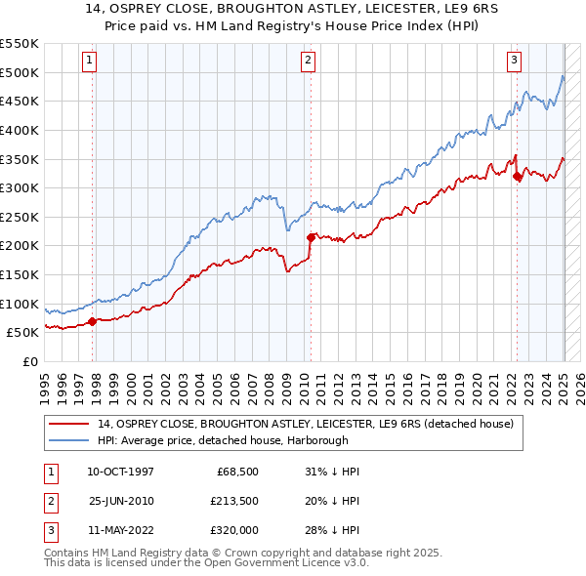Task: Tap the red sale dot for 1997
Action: tap(93, 320)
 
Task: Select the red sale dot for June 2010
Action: tap(312, 237)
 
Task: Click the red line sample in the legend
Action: tap(70, 423)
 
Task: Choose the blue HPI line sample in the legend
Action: tap(70, 439)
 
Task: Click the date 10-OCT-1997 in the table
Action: tap(121, 472)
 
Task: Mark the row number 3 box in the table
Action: tap(50, 529)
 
